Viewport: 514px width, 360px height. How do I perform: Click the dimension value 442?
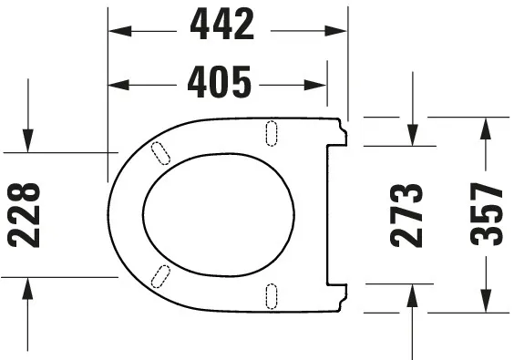222,26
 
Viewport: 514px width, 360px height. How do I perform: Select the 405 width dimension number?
219,84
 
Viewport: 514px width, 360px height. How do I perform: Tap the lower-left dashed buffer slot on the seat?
162,273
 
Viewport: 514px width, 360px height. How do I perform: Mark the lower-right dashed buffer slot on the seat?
271,295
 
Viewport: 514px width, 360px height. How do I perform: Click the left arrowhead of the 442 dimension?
116,29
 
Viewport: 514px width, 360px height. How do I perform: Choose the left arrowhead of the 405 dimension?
116,86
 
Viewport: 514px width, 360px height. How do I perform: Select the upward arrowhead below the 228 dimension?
27,284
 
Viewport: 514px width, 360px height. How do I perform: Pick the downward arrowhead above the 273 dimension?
412,138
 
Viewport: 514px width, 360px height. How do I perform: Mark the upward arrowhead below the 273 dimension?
412,291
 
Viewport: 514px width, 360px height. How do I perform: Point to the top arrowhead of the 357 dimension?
485,124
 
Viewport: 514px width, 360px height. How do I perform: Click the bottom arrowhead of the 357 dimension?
485,304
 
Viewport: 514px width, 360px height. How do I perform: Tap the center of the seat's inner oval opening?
220,215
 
